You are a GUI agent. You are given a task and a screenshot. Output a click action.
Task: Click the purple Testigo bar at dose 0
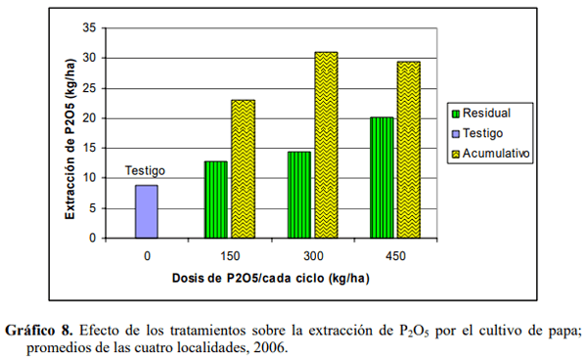pyautogui.click(x=146, y=211)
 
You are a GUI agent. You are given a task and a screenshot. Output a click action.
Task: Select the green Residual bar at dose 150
pyautogui.click(x=214, y=200)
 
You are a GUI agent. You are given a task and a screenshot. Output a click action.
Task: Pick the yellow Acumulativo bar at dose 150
pyautogui.click(x=244, y=168)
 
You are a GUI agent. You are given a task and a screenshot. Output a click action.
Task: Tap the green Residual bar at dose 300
pyautogui.click(x=298, y=195)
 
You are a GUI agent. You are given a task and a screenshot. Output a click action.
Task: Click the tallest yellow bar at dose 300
pyautogui.click(x=326, y=145)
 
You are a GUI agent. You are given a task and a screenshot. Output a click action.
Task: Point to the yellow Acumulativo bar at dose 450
pyautogui.click(x=409, y=150)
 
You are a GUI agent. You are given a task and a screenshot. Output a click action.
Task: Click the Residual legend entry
pyautogui.click(x=485, y=112)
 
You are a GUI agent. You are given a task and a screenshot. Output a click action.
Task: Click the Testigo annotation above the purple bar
pyautogui.click(x=145, y=170)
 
